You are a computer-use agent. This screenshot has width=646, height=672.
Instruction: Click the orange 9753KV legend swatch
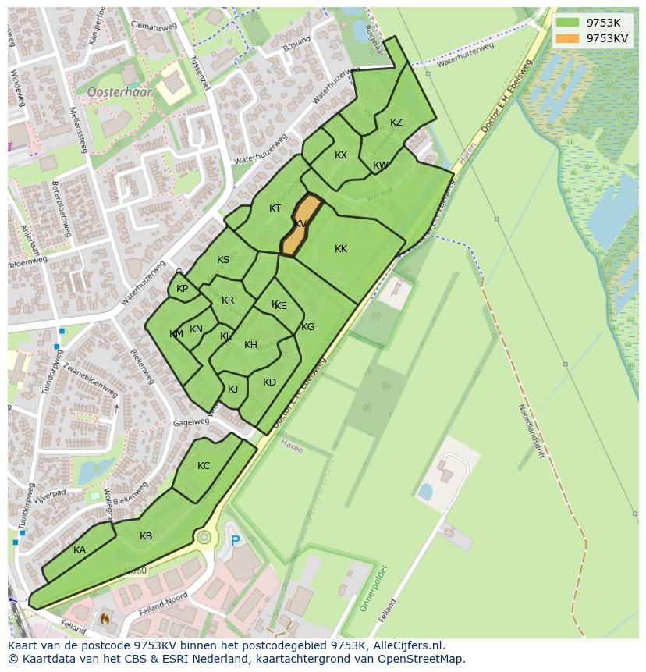(568, 38)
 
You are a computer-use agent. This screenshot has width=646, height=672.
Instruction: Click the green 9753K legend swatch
(568, 23)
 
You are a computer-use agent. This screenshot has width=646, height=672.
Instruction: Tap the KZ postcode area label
(396, 123)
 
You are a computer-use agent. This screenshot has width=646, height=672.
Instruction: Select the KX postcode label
(341, 155)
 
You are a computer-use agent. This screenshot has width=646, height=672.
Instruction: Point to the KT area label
(275, 208)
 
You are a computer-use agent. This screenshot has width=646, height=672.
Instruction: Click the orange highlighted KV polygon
(301, 224)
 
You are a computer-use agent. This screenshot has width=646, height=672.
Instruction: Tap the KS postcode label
(223, 260)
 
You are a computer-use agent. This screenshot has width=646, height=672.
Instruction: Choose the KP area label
(182, 289)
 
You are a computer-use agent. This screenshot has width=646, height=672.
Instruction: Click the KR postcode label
(228, 300)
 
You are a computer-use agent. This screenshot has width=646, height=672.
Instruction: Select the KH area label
(250, 345)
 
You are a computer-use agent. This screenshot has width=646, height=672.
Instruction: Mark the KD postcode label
(269, 382)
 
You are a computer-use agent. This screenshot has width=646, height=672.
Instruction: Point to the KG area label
(307, 327)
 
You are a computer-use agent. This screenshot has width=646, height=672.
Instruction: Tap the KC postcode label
(204, 466)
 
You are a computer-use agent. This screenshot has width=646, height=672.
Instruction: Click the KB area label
(146, 536)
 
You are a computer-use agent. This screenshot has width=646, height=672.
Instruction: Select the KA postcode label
(80, 550)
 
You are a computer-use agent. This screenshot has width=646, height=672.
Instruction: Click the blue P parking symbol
(235, 540)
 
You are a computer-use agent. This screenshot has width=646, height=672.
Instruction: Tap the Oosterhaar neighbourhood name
(119, 91)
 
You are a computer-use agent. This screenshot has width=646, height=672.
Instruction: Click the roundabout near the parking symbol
(204, 537)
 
